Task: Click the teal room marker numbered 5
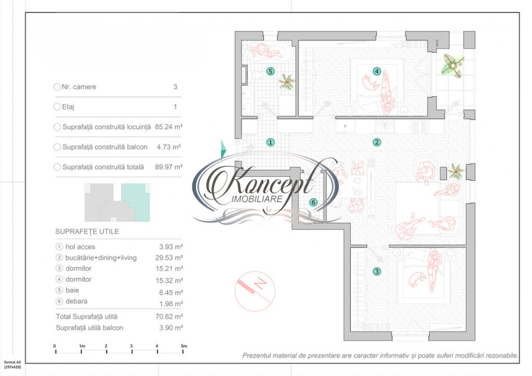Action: (x=270, y=71)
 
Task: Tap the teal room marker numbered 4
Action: (x=377, y=71)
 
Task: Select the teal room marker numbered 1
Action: (x=270, y=142)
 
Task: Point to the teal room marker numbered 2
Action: (x=377, y=142)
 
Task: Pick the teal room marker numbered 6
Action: (x=313, y=203)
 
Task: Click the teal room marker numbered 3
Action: (x=377, y=272)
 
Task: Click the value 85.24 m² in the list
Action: (x=169, y=127)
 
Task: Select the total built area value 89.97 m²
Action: (x=169, y=167)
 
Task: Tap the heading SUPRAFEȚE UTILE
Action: (x=87, y=232)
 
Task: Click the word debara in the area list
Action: (x=76, y=301)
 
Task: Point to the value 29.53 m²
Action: (x=169, y=258)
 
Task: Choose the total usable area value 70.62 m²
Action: (x=169, y=317)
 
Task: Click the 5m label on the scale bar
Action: (x=183, y=346)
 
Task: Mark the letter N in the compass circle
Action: (x=260, y=283)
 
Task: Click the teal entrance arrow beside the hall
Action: (x=223, y=149)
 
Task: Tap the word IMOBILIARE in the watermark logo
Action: (x=257, y=199)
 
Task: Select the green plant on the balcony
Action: (x=453, y=66)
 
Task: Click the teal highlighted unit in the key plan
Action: (x=136, y=203)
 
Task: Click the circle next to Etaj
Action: (x=57, y=107)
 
